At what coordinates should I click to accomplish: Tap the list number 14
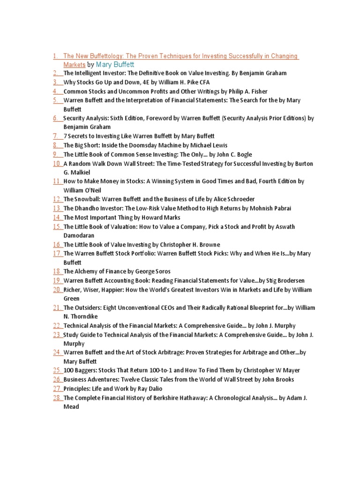point(57,217)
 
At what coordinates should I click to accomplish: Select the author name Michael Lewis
point(209,145)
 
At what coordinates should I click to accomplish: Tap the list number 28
point(57,398)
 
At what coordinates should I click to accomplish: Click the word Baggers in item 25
point(84,370)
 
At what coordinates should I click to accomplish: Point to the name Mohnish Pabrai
point(274,208)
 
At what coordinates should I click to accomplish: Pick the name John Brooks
point(277,380)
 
